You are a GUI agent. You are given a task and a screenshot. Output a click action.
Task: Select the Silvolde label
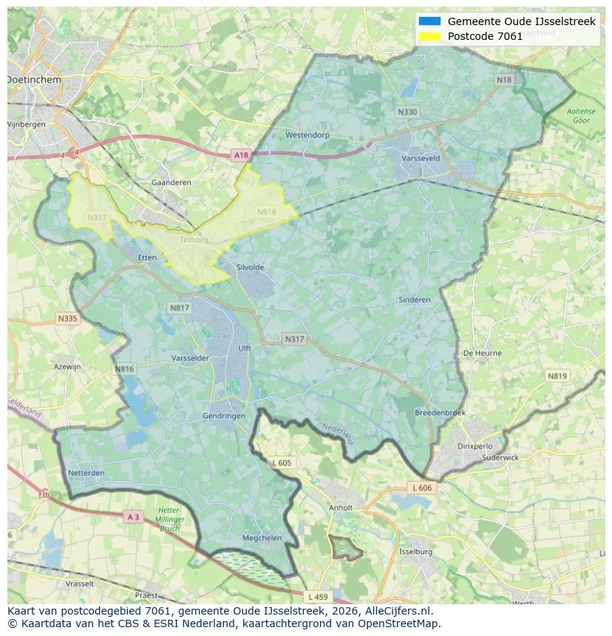250,267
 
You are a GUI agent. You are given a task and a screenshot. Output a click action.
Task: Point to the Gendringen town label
224,416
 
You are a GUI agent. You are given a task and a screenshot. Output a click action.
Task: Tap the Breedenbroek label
440,413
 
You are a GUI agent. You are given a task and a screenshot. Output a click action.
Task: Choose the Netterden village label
86,473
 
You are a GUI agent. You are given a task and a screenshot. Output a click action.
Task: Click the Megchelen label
262,538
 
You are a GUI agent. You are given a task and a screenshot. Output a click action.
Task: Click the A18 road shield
241,155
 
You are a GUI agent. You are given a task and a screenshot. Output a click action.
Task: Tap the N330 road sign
407,112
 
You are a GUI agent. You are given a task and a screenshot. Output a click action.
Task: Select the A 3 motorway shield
133,517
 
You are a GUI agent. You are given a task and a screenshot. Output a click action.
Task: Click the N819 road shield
557,376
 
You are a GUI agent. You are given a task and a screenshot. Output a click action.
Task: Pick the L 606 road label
422,488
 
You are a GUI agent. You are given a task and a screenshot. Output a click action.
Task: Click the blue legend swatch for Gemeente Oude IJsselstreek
429,21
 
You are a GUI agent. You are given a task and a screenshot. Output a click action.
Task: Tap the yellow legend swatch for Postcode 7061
429,36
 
